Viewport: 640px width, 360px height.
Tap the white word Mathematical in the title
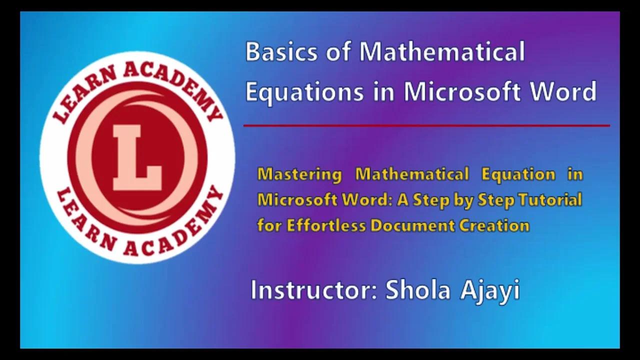click(442, 52)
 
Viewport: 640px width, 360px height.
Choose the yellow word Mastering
click(299, 174)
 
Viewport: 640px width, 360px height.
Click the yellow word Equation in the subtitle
click(518, 174)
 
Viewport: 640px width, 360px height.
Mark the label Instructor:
click(313, 290)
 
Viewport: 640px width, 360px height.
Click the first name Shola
click(417, 290)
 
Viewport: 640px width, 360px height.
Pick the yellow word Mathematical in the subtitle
click(412, 174)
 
